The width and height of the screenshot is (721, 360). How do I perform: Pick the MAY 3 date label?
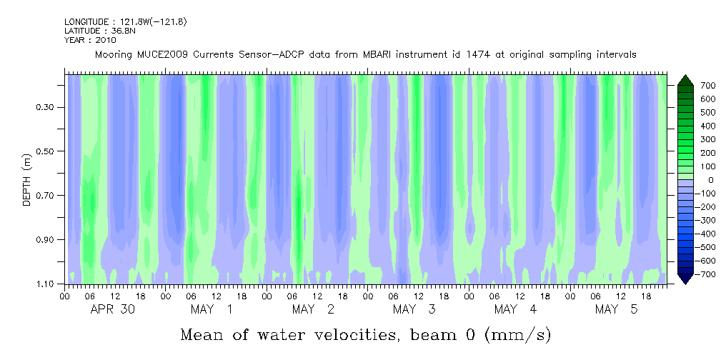tap(414, 309)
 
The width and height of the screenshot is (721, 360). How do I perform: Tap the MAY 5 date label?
tap(617, 309)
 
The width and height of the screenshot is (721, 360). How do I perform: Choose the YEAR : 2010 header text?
tap(90, 40)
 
